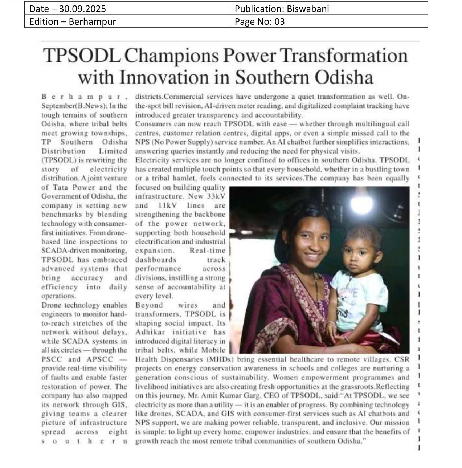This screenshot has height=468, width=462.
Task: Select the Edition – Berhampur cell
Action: [x=73, y=22]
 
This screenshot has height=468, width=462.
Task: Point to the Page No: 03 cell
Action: [x=259, y=22]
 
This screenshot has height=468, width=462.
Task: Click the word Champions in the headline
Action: [x=171, y=56]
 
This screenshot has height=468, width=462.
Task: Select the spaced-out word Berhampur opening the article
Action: [x=84, y=97]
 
